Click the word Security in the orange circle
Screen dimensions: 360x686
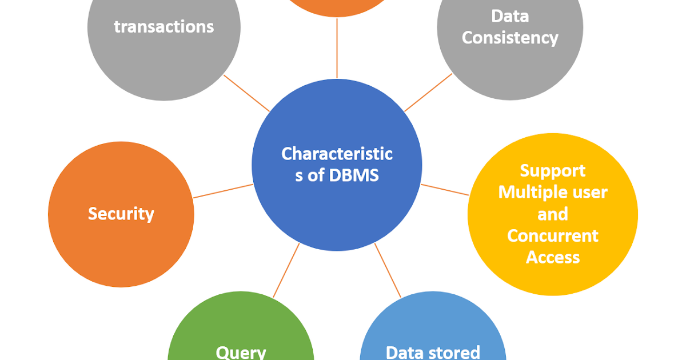coord(121,214)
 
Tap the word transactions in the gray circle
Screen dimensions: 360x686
coord(163,26)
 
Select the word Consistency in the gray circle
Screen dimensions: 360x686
coord(510,38)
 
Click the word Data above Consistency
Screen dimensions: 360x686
coord(510,16)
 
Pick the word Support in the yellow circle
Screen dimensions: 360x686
coord(552,171)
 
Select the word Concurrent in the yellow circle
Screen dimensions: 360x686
coord(552,236)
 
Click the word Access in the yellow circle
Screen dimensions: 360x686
coord(552,258)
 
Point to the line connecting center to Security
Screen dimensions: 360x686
coord(223,191)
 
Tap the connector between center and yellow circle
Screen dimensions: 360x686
coord(445,190)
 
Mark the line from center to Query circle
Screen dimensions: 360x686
coord(286,270)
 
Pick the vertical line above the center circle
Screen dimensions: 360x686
coord(337,51)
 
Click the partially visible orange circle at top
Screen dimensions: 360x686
coord(337,5)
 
